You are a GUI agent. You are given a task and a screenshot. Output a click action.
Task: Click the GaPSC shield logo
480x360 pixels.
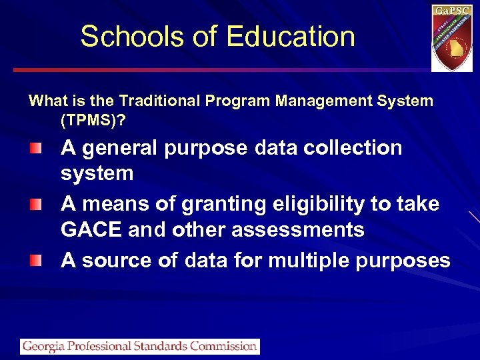(x=451, y=38)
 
